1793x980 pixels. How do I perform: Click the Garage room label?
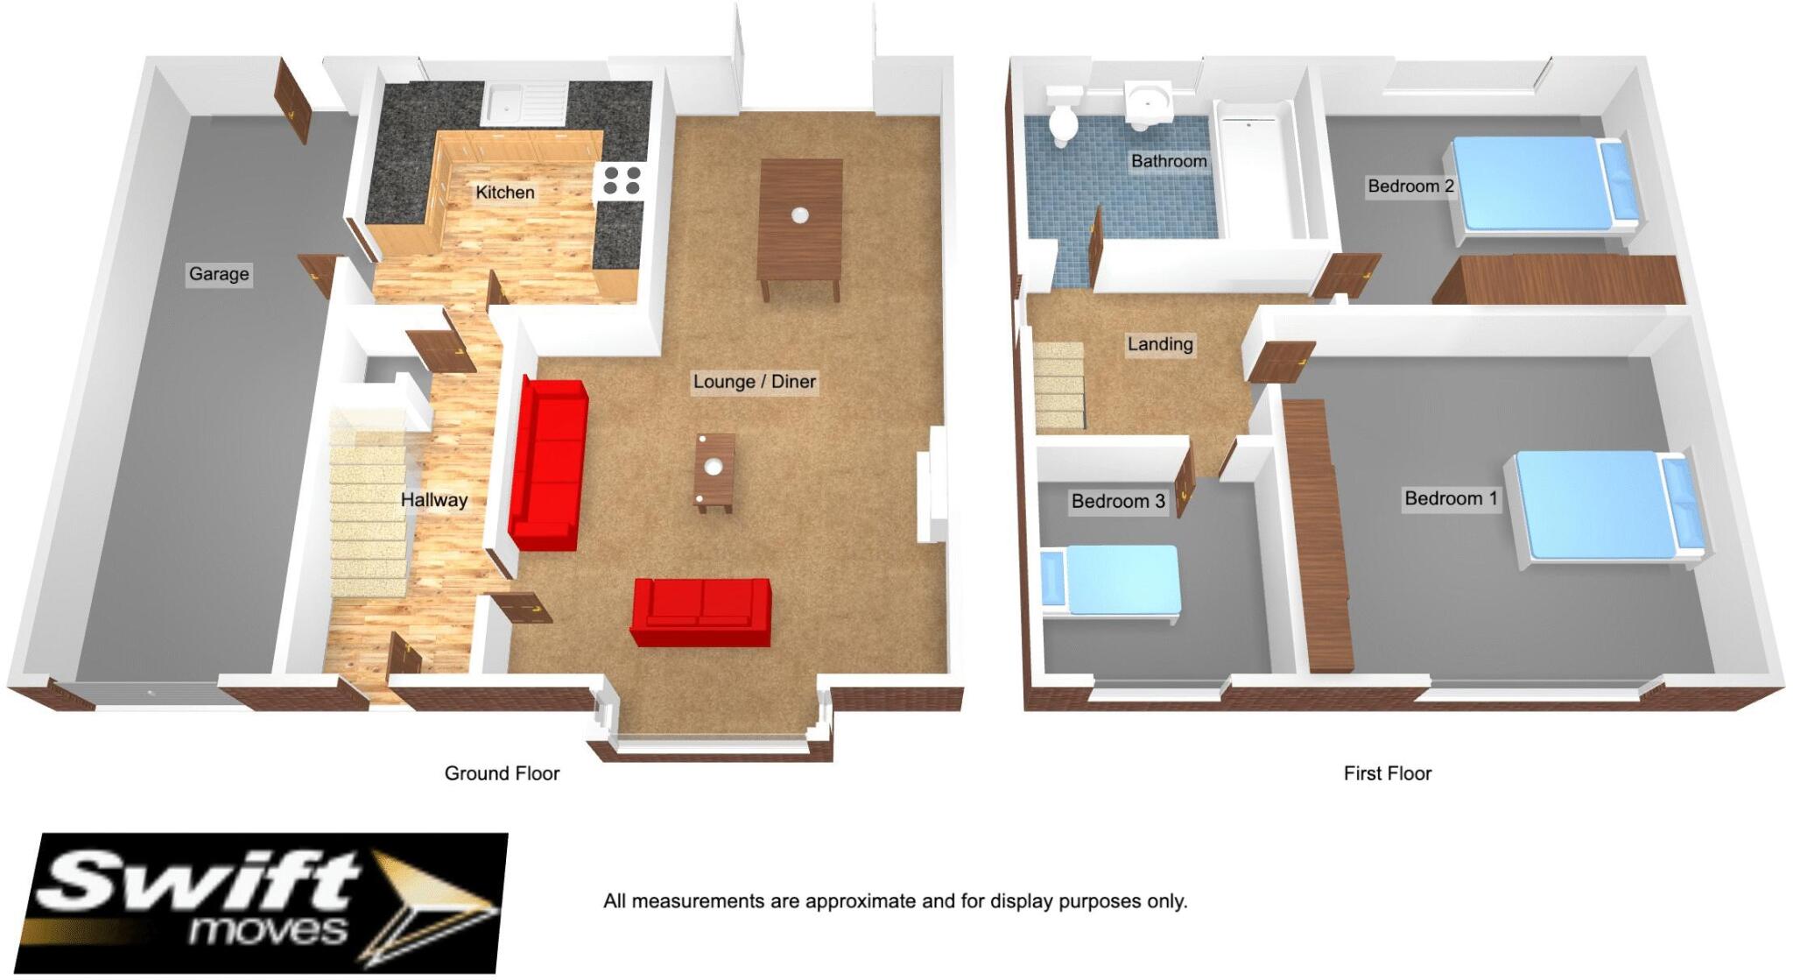[219, 274]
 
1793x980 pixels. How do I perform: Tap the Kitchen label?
[504, 193]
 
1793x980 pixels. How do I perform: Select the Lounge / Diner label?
[754, 382]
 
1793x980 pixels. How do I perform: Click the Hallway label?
[433, 500]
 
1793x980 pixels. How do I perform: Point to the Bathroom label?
[1168, 161]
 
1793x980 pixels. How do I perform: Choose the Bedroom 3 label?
[1118, 501]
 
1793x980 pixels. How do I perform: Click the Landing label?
[1159, 344]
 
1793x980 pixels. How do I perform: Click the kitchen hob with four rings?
[621, 181]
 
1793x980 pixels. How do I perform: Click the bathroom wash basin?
[1148, 103]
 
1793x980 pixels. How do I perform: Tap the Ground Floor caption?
[502, 773]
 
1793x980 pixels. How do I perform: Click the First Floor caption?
[1387, 773]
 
